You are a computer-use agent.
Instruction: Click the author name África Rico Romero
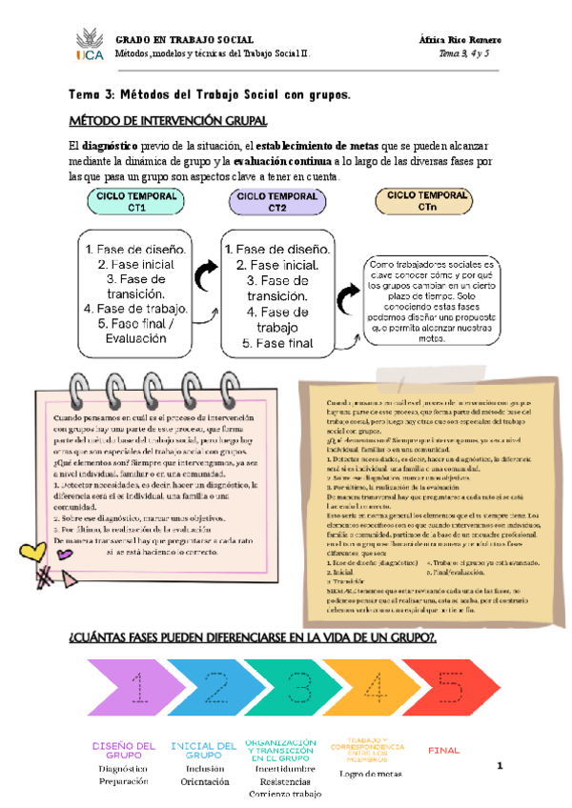460,39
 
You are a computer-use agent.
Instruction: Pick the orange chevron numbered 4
377,687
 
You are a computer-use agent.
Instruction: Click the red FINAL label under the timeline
444,751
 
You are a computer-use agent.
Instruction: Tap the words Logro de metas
370,773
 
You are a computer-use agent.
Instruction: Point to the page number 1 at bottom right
499,765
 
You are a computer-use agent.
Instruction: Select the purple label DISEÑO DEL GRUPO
123,749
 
